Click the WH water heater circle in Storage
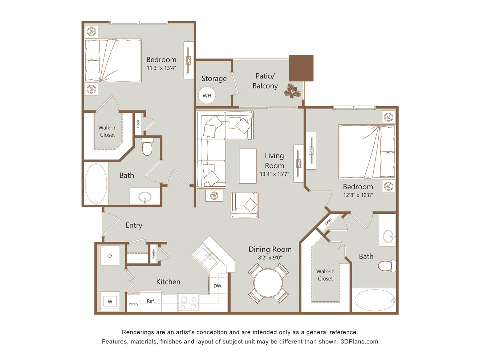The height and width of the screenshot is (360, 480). click(207, 95)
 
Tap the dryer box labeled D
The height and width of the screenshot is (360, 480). click(110, 255)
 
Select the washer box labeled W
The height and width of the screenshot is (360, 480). click(110, 301)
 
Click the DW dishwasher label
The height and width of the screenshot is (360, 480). click(217, 286)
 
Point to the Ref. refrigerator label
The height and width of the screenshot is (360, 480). click(151, 301)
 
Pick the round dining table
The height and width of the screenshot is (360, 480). click(268, 283)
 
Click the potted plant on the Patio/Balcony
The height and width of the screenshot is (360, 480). click(292, 91)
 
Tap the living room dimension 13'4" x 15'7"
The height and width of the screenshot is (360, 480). click(274, 174)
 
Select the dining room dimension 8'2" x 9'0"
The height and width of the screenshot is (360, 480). click(270, 258)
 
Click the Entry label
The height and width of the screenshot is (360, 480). click(134, 225)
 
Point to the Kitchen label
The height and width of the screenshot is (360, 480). click(168, 282)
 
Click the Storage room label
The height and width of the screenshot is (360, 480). click(214, 78)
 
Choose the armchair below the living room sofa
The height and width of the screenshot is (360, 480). click(245, 205)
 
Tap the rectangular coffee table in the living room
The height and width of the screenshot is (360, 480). click(248, 166)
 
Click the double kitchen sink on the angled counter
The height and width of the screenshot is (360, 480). click(206, 258)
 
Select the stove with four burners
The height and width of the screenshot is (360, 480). click(188, 302)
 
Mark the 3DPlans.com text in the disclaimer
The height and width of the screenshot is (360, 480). click(359, 341)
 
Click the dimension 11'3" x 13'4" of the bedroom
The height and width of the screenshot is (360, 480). click(161, 68)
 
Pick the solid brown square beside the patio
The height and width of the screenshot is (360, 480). click(301, 68)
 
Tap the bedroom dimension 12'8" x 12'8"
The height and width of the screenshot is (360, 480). click(358, 195)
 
